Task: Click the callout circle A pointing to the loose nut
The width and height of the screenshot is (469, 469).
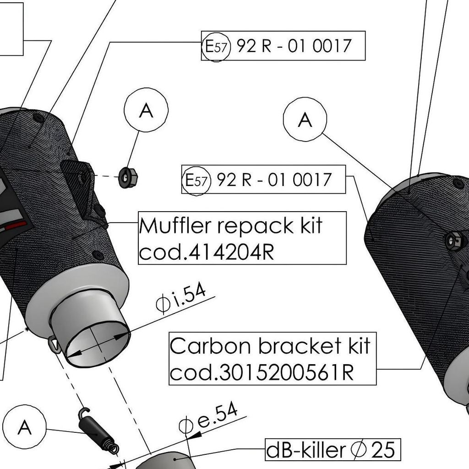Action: click(146, 110)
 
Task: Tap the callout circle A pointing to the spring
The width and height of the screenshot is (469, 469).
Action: click(24, 427)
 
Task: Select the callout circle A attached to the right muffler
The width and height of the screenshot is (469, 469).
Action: click(305, 119)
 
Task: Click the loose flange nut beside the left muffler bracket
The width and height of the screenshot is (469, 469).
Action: click(128, 177)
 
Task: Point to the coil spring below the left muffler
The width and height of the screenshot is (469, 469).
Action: click(97, 430)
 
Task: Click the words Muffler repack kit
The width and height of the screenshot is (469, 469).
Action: click(230, 226)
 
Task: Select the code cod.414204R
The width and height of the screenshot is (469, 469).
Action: click(206, 252)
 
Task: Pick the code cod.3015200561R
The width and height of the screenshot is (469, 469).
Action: click(262, 373)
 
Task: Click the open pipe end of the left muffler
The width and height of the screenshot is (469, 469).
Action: click(97, 344)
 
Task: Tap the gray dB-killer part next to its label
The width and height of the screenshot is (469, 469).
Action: click(172, 460)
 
